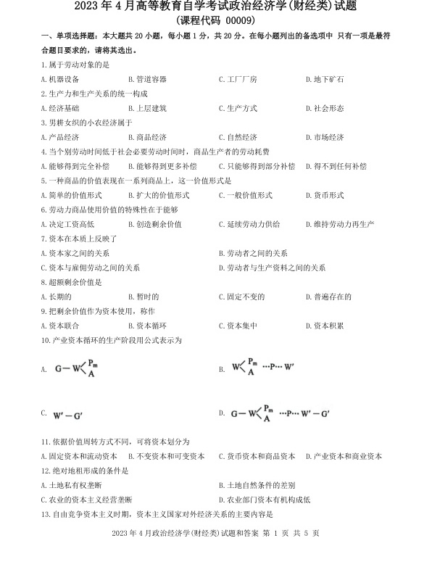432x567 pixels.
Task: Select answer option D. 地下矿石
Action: coord(324,79)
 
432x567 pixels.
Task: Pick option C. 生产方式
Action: coord(238,108)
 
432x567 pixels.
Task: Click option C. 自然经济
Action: coord(238,137)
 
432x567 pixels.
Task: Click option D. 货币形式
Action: coord(324,195)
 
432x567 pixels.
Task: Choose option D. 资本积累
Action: coord(324,326)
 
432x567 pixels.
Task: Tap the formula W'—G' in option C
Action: coord(69,415)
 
